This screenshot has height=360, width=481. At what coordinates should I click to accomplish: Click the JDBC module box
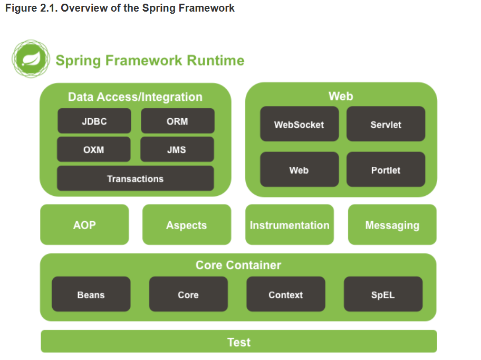point(94,121)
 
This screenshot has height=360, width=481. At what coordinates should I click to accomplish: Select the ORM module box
point(178,121)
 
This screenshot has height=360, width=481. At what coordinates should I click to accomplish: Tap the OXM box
point(94,149)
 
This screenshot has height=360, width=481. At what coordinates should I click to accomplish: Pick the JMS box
point(177,149)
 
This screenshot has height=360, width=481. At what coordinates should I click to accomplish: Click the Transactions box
point(135,178)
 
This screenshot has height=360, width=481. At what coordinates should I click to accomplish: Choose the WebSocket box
point(300,124)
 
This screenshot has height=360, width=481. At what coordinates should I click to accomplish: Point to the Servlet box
point(386,124)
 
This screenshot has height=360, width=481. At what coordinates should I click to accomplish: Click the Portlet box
point(386,169)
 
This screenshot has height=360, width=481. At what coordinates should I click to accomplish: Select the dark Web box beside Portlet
point(300,169)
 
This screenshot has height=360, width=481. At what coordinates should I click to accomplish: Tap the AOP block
point(85,225)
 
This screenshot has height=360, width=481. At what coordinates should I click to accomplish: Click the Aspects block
point(187,225)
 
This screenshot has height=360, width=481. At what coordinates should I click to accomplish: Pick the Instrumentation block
point(290,225)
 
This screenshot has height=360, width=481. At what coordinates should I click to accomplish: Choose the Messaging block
point(392,225)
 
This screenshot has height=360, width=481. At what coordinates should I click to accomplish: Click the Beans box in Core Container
point(91,295)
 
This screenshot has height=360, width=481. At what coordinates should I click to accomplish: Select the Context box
point(286,295)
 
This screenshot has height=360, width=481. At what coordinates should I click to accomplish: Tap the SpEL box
point(383,295)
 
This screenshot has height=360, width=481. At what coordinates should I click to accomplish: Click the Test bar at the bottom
point(239,342)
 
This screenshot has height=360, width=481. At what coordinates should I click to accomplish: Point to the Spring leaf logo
point(31,59)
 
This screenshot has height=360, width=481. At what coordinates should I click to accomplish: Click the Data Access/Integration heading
point(135,97)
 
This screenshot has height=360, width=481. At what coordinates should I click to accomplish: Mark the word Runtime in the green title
point(216,61)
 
